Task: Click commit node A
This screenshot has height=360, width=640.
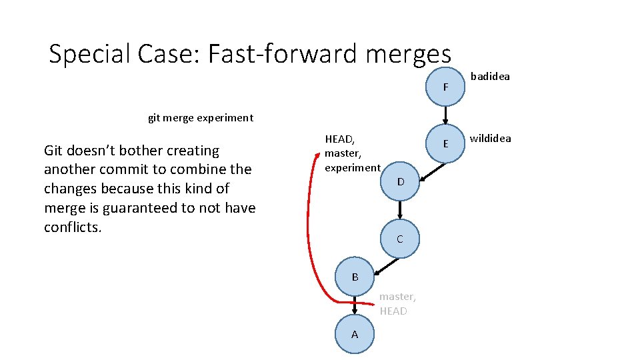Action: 354,334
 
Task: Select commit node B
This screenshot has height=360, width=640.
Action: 355,277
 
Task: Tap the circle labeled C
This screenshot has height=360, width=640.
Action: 399,239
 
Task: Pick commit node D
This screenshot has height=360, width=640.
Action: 400,181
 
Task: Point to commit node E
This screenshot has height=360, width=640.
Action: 445,143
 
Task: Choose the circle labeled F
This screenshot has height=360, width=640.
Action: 445,87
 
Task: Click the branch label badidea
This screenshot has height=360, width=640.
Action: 490,76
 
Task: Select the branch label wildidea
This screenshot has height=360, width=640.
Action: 490,139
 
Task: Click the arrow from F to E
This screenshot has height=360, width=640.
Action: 445,115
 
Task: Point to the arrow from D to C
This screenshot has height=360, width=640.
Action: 400,210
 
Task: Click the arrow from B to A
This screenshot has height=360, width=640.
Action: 355,305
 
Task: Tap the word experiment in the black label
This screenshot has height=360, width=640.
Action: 352,168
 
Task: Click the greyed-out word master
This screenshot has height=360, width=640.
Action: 397,297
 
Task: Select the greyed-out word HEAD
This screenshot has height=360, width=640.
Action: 393,311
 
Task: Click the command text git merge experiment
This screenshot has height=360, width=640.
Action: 200,118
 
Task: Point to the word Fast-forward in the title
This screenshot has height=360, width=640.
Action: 283,54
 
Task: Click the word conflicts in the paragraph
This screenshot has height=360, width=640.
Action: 72,227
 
